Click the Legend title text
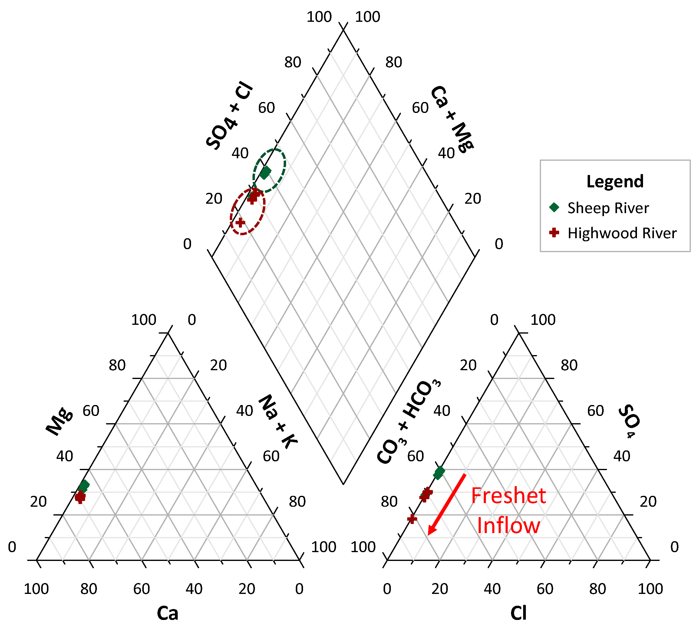[x=615, y=181]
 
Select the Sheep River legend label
[x=608, y=208]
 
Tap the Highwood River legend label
[x=622, y=233]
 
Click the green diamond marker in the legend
[x=554, y=207]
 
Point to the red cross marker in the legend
[x=554, y=232]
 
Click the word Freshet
[x=508, y=496]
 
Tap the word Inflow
[x=508, y=526]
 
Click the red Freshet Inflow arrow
[x=447, y=505]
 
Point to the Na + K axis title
[x=278, y=422]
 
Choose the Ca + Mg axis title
[x=452, y=119]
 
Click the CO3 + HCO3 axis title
[x=409, y=422]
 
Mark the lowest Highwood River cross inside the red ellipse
[x=240, y=222]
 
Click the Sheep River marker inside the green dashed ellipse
[x=265, y=172]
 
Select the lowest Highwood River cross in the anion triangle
[x=412, y=519]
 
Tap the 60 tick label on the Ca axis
[x=141, y=589]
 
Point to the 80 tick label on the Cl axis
[x=597, y=589]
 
